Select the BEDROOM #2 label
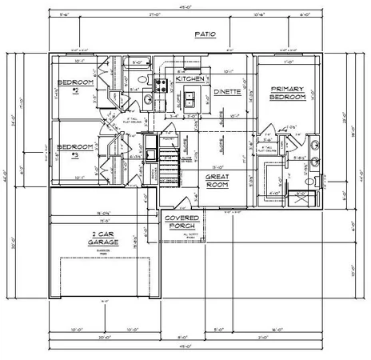pos(75,86)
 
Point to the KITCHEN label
pos(191,80)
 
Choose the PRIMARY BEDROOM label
pos(288,93)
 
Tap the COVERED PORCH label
pos(182,222)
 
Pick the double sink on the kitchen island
pos(191,99)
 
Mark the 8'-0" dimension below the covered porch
pos(182,326)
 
